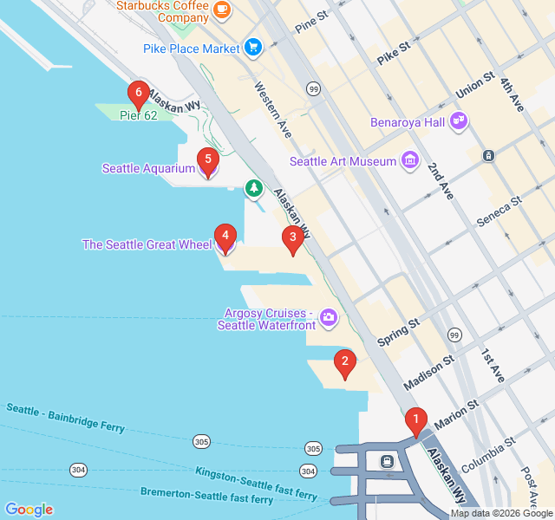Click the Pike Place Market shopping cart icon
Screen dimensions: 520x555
(253, 48)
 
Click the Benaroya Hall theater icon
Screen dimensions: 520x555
(459, 121)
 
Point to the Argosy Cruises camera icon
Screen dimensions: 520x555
(329, 318)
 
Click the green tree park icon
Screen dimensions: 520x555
(253, 187)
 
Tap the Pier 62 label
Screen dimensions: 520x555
(139, 115)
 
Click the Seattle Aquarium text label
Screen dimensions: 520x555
(148, 168)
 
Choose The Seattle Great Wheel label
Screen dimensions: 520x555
(147, 244)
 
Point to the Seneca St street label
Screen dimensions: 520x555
(499, 211)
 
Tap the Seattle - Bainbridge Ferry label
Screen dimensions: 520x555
(66, 418)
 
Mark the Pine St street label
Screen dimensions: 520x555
(311, 23)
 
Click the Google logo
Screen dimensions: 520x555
(29, 510)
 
